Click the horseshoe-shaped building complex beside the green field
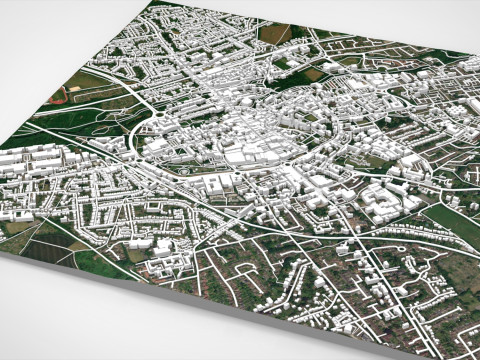click(x=385, y=200)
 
